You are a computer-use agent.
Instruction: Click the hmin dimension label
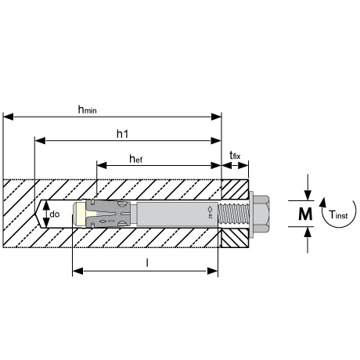point(88,110)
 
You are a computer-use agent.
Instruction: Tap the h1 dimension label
point(122,134)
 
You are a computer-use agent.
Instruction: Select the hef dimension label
point(136,159)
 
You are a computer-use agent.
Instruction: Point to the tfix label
point(235,156)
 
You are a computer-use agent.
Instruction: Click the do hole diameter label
point(55,214)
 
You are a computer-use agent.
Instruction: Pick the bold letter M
point(305,214)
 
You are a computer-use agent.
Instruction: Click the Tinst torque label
point(338,214)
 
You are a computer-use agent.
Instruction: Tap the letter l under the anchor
point(147,263)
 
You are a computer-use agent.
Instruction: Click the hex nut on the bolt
point(261,214)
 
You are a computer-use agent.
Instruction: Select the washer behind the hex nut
point(251,214)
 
